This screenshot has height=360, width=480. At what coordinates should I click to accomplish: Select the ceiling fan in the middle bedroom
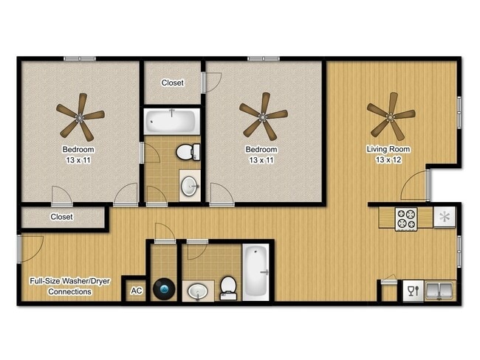(263, 116)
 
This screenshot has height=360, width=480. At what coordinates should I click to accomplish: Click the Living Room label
(388, 150)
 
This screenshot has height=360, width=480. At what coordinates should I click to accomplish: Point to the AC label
(136, 291)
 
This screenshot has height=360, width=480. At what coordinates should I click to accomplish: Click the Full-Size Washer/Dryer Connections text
(60, 286)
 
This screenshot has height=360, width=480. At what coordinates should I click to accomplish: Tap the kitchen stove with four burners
(406, 219)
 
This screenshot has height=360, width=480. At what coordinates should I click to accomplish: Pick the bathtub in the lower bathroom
(256, 270)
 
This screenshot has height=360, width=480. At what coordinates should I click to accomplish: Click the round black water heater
(163, 288)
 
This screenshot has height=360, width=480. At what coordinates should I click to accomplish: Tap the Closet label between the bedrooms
(173, 83)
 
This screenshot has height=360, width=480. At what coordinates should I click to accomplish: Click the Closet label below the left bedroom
(61, 217)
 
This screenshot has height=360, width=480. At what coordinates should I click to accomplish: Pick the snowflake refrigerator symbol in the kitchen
(445, 217)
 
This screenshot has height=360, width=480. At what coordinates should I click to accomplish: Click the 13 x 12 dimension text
(388, 160)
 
